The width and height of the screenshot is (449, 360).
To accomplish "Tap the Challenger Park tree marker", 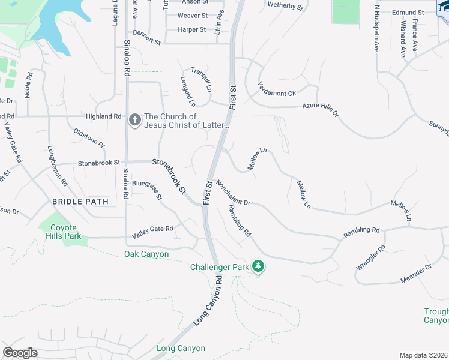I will [x=258, y=266].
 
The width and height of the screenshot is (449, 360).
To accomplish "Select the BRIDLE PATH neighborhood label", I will [x=75, y=202].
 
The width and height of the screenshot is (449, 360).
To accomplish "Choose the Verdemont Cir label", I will [x=277, y=89].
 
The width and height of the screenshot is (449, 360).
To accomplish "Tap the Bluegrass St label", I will [x=147, y=189].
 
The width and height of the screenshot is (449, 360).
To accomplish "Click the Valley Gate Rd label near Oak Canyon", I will [x=152, y=229].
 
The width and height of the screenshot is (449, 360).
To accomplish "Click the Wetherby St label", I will [x=286, y=7].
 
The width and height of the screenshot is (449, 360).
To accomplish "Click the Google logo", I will [x=20, y=353].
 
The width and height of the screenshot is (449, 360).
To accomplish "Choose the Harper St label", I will [x=192, y=29].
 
